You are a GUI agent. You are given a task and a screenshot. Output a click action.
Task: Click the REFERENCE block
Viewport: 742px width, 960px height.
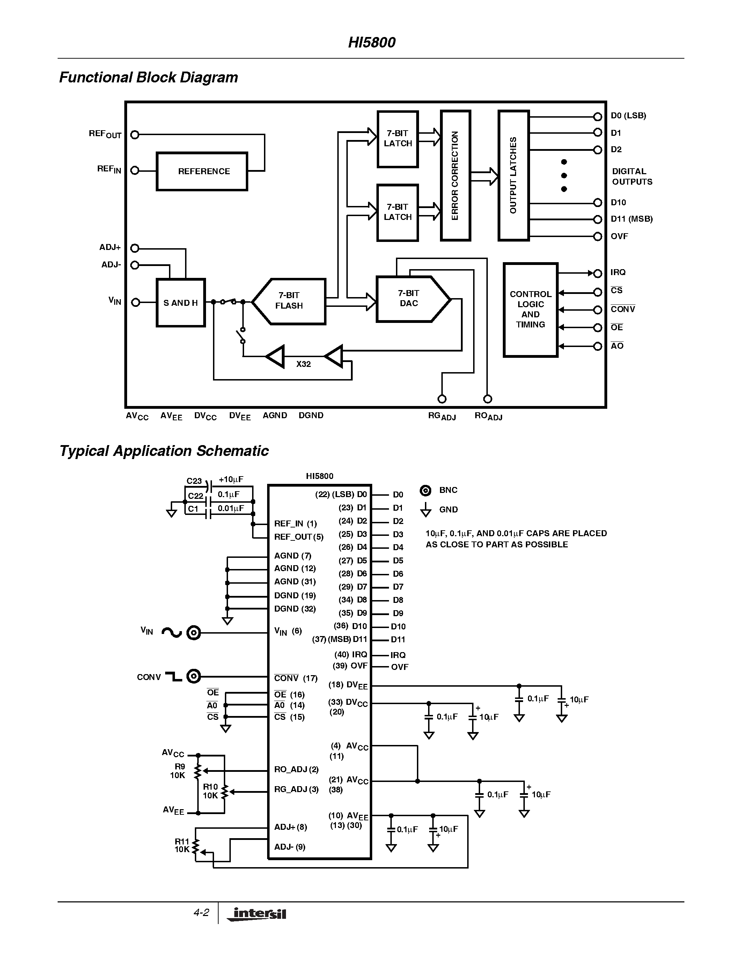pos(202,171)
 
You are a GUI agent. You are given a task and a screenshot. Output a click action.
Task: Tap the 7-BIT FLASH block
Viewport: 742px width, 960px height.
pos(289,301)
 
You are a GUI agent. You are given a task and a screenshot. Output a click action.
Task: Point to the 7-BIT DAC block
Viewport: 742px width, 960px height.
pos(409,299)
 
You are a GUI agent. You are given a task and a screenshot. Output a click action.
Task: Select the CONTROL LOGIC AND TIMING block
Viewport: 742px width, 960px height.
pos(530,309)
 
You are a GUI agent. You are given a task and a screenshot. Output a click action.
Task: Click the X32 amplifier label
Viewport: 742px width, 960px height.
pos(303,364)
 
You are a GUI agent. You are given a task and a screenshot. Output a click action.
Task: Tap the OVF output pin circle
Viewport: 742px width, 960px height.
pos(597,236)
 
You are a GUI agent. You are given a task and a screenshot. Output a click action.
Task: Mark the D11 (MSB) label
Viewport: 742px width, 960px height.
pos(631,219)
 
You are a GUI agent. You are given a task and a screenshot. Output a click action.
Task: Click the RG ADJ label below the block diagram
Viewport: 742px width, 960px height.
pos(442,416)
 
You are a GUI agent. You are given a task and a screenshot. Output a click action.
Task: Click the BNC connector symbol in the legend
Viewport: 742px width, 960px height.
pos(426,490)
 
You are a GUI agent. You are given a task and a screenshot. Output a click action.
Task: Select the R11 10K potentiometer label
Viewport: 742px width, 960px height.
pos(182,845)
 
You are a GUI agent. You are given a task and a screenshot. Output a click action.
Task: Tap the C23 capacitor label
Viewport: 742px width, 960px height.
pos(194,481)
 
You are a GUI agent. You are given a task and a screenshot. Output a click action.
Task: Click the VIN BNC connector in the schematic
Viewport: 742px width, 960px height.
pos(193,633)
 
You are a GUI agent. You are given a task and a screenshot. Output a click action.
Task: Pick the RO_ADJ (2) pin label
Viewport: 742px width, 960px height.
pos(296,769)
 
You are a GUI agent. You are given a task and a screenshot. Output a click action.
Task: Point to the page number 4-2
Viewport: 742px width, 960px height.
pos(201,913)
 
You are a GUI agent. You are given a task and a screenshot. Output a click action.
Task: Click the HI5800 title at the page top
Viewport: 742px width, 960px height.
pos(372,42)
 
